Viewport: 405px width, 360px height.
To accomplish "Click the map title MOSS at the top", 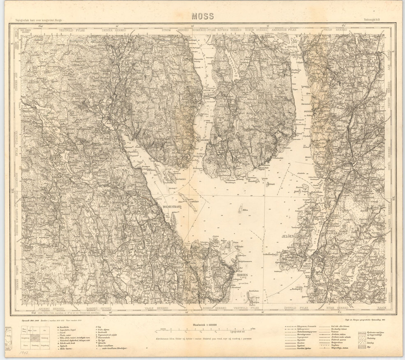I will pyautogui.click(x=202, y=16).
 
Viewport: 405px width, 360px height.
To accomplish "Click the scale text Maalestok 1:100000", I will pyautogui.click(x=205, y=325).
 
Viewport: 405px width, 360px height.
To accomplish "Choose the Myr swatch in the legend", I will pyautogui.click(x=362, y=347).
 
